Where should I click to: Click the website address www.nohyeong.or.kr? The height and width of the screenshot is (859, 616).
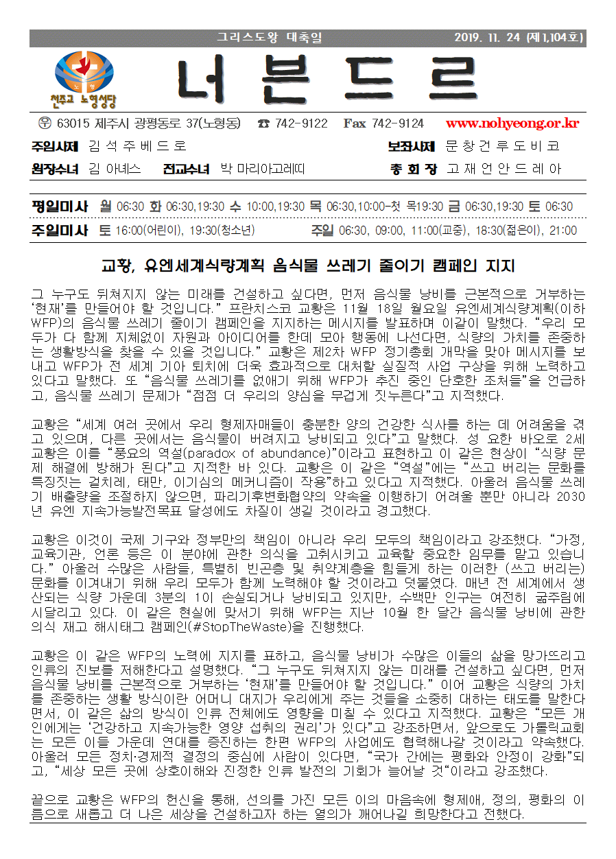tap(512, 124)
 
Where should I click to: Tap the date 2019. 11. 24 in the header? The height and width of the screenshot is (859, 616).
tap(489, 38)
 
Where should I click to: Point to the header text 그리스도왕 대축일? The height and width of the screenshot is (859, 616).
tap(270, 38)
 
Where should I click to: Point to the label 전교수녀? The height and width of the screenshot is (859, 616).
tap(186, 169)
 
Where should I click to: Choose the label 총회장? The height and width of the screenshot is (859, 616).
tap(413, 169)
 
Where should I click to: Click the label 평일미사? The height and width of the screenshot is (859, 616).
tap(60, 207)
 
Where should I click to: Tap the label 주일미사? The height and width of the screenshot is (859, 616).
tap(60, 231)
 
